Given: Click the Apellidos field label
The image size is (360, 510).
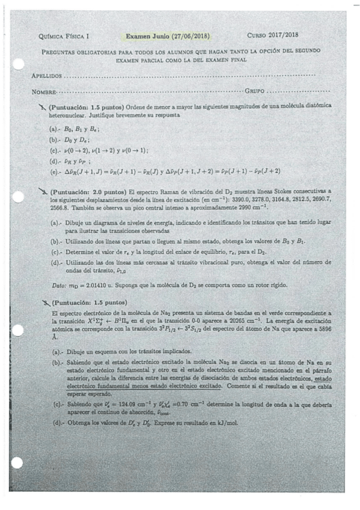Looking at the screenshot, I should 46,76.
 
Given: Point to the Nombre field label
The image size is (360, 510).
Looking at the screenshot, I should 44,91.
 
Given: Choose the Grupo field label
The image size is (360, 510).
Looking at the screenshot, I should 255,91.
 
